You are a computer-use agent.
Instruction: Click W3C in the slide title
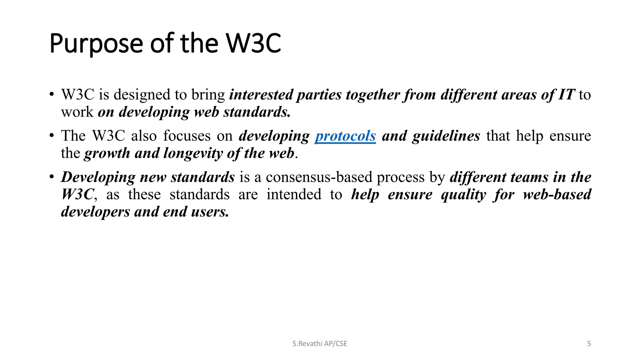pos(253,43)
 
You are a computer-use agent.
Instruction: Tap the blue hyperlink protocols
pos(345,136)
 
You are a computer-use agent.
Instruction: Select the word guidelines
pos(446,136)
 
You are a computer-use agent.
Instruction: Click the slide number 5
pos(589,344)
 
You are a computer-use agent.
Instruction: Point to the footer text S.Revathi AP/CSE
pos(320,344)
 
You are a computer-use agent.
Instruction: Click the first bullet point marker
pos(52,95)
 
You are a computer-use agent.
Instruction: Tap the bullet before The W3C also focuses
pos(52,136)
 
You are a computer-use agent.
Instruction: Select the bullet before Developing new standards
pos(52,177)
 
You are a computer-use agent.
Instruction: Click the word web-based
pos(557,194)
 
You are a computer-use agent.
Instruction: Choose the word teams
pos(529,177)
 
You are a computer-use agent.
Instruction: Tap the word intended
pos(294,194)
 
